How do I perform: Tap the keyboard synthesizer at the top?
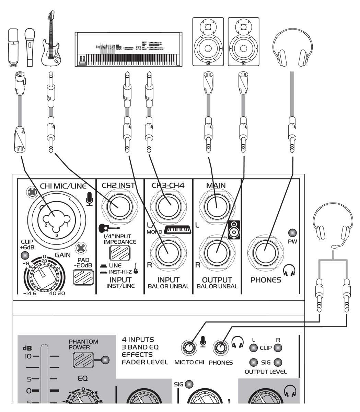129,49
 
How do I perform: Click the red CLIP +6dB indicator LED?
25,255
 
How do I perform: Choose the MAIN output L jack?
217,206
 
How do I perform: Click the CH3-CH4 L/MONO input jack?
168,206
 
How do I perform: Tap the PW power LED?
292,232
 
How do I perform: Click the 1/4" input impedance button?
118,253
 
